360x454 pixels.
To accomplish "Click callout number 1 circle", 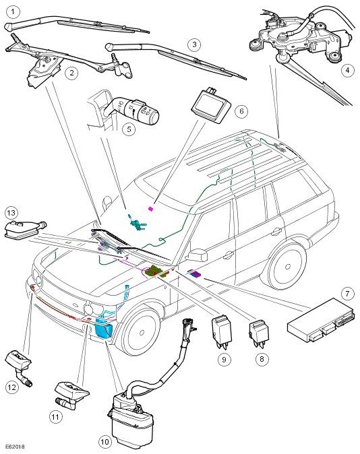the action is pos(13,12).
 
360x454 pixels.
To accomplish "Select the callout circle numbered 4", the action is pos(347,70).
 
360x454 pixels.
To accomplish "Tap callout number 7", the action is pos(347,294).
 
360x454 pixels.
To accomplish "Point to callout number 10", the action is pos(105,442).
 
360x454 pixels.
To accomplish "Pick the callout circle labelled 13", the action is pos(11,213).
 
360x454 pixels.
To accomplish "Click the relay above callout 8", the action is pos(259,333).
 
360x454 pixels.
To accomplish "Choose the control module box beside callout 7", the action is pos(321,320).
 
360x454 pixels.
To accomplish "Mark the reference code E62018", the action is pos(14,447).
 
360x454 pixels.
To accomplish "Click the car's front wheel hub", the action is pos(142,333).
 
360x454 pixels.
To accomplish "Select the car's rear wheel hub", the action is pos(288,266).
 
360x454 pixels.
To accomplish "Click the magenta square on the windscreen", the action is pos(150,208).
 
